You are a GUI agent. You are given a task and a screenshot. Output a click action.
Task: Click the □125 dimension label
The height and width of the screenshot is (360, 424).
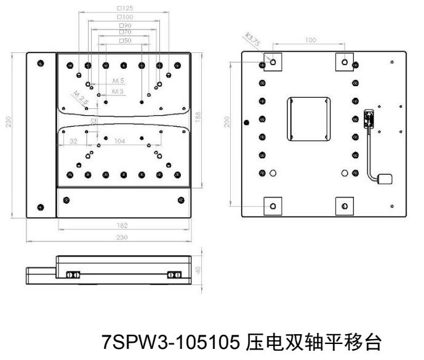(x=125, y=9)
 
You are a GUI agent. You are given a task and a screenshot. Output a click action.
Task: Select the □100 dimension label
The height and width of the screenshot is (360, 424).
(x=125, y=17)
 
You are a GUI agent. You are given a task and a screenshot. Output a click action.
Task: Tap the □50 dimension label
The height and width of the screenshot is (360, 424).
(x=125, y=40)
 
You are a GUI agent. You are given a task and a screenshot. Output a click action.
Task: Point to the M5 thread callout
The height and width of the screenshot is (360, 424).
(x=119, y=81)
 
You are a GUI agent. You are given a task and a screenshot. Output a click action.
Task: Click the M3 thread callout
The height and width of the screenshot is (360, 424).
(x=118, y=91)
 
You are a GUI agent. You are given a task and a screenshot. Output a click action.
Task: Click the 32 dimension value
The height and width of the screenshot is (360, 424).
(x=73, y=141)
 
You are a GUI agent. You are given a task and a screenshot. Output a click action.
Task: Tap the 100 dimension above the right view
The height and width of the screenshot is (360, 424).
(x=310, y=40)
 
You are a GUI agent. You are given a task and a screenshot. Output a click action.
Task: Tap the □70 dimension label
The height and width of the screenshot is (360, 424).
(x=125, y=32)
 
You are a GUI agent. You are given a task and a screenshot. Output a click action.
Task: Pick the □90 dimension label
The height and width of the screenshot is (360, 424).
(x=125, y=25)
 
